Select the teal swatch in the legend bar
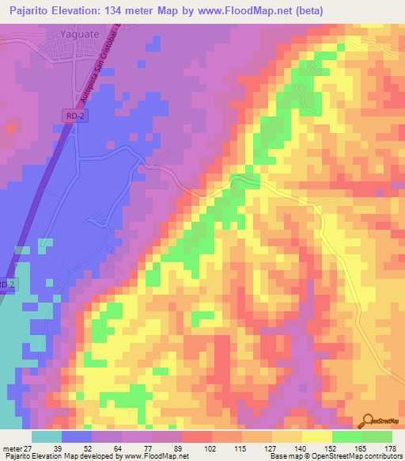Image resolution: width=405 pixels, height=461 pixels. pos(47,436)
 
